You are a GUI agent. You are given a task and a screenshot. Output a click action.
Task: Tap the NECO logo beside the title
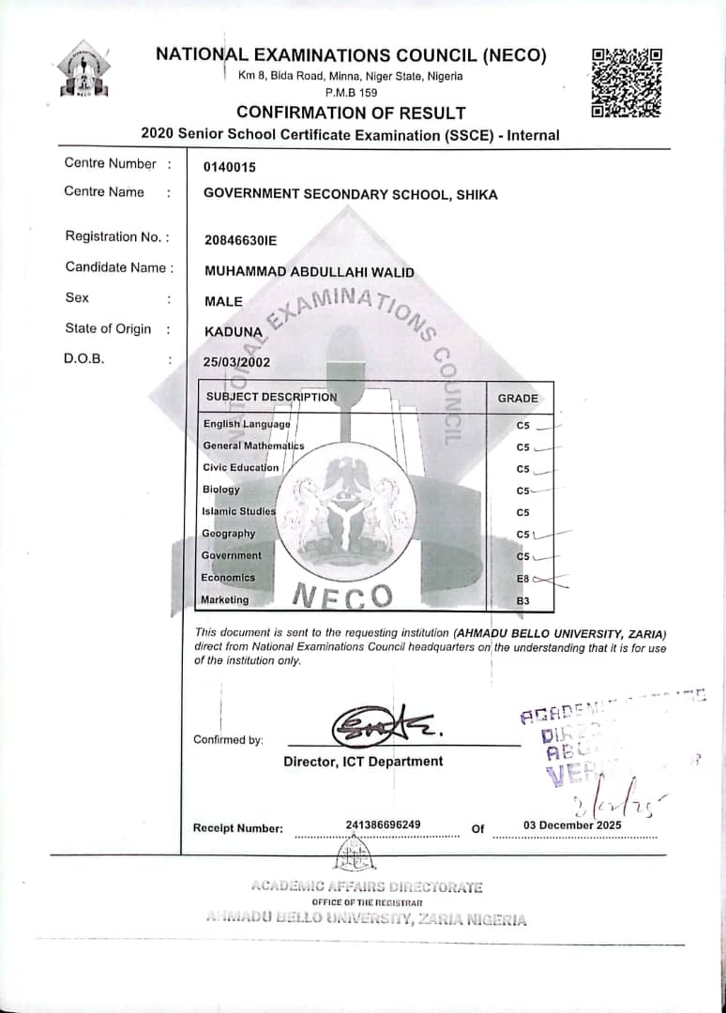(x=83, y=69)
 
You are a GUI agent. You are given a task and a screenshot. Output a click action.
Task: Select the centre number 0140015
(x=229, y=166)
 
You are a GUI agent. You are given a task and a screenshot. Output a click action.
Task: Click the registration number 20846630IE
(x=241, y=238)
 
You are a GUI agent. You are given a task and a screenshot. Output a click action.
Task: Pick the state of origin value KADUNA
(x=233, y=331)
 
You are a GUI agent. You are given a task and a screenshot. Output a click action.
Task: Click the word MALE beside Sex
(x=222, y=301)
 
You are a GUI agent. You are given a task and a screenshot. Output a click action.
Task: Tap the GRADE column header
(x=518, y=398)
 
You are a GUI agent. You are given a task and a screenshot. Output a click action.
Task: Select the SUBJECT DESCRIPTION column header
(x=271, y=397)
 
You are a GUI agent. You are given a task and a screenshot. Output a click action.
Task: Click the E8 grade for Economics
(x=523, y=579)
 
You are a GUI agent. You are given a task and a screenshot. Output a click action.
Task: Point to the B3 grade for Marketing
(x=523, y=600)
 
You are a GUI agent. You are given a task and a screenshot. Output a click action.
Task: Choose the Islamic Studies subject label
(x=239, y=511)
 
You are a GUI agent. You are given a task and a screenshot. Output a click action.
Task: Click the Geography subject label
(x=229, y=534)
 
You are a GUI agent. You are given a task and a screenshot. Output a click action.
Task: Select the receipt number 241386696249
(x=383, y=825)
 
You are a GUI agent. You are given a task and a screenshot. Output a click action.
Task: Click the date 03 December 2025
(x=572, y=825)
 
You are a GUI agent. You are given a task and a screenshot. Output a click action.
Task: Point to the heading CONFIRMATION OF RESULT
(x=351, y=113)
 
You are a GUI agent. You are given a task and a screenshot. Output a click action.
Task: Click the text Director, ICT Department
(x=363, y=762)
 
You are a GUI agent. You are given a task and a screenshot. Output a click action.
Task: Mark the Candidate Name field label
(x=119, y=267)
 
